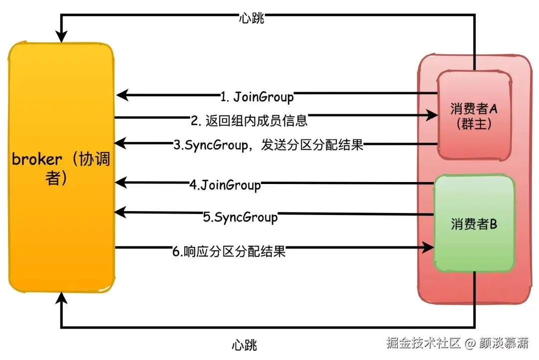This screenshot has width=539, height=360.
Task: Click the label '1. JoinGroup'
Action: point(257,95)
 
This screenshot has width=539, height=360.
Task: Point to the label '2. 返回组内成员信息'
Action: point(249,120)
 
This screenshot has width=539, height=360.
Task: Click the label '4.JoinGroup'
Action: point(225,185)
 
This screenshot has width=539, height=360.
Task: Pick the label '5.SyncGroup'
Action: point(240,217)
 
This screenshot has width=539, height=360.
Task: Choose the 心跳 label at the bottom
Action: point(245,345)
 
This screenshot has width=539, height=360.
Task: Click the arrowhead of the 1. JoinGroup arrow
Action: point(122,95)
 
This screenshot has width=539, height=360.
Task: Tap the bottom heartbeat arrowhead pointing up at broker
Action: point(61,299)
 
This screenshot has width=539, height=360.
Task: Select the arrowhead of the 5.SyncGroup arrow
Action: point(120,213)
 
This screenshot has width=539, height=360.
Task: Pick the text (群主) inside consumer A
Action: point(474,124)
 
